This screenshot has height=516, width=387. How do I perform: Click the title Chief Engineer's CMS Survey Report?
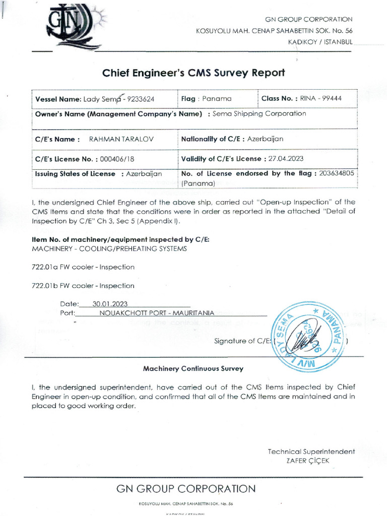[x=193, y=73]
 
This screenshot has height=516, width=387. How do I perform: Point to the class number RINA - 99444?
[x=321, y=98]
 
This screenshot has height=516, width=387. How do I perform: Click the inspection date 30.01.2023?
[x=107, y=304]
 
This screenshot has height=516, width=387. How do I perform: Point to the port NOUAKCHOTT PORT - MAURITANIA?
[x=157, y=313]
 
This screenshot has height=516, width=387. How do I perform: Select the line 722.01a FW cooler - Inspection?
[x=83, y=267]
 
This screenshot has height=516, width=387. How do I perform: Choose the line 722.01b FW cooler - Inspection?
[x=83, y=286]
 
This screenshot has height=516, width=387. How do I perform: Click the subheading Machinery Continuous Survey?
[x=193, y=369]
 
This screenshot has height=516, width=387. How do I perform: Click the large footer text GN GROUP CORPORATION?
[x=186, y=489]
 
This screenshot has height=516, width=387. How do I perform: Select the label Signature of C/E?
[x=242, y=341]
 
